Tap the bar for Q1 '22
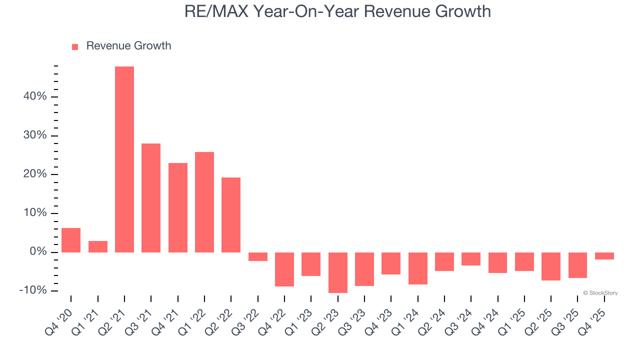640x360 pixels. click(204, 202)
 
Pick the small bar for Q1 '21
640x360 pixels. click(98, 246)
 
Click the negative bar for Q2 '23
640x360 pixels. click(338, 272)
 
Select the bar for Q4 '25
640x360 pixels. click(604, 256)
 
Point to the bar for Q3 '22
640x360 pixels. click(258, 256)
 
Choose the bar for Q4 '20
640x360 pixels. click(71, 240)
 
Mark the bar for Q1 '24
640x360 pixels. click(418, 268)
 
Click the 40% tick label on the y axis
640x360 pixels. click(35, 97)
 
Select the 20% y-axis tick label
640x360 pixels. click(35, 174)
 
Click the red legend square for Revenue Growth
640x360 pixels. click(75, 46)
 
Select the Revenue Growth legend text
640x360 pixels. click(128, 46)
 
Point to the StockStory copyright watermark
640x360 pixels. click(600, 293)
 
